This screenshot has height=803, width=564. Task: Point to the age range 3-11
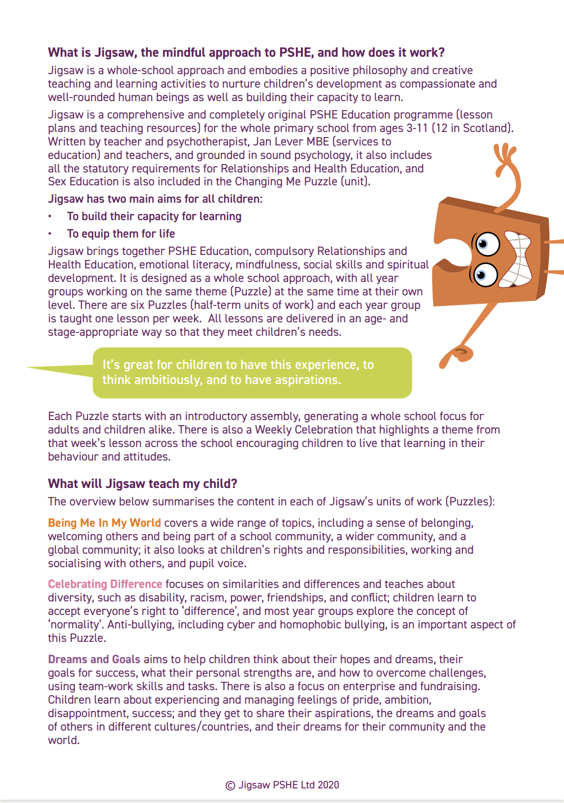pos(417,128)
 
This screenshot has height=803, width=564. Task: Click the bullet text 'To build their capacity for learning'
pos(154,216)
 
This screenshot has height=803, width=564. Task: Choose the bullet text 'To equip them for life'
pos(121,234)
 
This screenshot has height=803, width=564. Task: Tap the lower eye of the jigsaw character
pos(483,275)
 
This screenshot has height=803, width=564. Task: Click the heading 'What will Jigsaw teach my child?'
pos(143,483)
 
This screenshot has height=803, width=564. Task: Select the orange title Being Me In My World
pos(104,523)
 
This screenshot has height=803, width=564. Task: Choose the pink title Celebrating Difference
pos(105,584)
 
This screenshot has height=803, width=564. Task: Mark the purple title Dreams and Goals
pos(94,659)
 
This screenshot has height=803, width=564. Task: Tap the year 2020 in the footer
pos(328,785)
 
